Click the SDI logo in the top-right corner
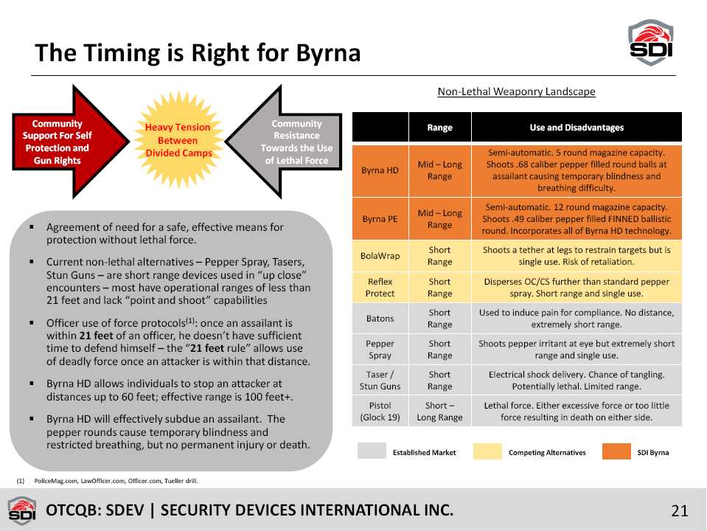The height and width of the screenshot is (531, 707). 651,42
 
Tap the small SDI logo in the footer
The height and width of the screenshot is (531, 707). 22,510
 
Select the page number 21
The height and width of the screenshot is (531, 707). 680,510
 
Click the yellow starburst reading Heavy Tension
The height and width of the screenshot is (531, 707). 178,140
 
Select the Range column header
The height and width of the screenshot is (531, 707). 439,128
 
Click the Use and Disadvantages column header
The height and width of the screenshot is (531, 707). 577,128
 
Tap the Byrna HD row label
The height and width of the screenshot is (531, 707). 380,170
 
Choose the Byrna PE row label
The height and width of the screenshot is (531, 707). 380,219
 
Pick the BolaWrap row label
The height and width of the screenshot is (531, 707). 380,256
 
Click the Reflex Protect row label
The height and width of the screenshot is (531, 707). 380,288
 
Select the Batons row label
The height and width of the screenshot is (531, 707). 380,319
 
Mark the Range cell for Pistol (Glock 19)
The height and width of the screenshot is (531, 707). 439,412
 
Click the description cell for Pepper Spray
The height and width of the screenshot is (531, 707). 577,350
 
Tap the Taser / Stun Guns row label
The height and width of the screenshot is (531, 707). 380,381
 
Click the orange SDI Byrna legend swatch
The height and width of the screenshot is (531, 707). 616,451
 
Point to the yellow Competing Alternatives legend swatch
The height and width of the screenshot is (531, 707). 487,451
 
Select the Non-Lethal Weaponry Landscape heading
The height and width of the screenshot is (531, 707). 516,91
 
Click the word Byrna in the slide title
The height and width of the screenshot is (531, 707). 328,54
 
